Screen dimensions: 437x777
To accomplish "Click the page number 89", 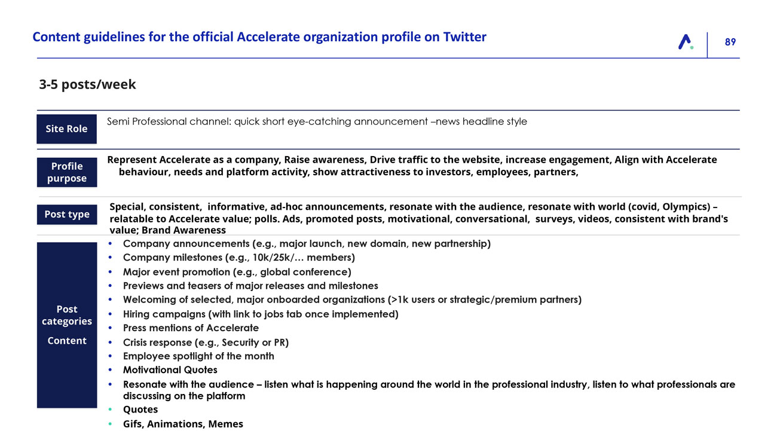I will pos(730,42).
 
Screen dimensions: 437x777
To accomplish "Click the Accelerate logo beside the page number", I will pos(686,42).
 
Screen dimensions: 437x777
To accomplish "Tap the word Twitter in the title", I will pos(464,37).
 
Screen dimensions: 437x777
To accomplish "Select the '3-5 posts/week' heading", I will pos(87,84).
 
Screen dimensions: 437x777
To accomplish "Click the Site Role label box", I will pos(66,129).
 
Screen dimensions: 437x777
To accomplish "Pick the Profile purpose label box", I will pos(66,172).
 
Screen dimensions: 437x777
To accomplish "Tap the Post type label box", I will pos(66,214).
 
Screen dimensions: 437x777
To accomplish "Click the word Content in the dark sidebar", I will pos(66,341).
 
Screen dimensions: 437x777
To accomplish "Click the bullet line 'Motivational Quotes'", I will pos(170,369).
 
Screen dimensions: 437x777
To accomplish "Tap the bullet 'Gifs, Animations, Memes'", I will pos(183,424).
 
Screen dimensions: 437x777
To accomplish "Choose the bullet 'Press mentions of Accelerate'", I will pos(191,328).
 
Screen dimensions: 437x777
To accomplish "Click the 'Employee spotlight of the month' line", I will pos(198,356).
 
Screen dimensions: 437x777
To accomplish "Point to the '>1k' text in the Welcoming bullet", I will pos(397,300).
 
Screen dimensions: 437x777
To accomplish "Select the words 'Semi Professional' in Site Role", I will pos(147,121).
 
